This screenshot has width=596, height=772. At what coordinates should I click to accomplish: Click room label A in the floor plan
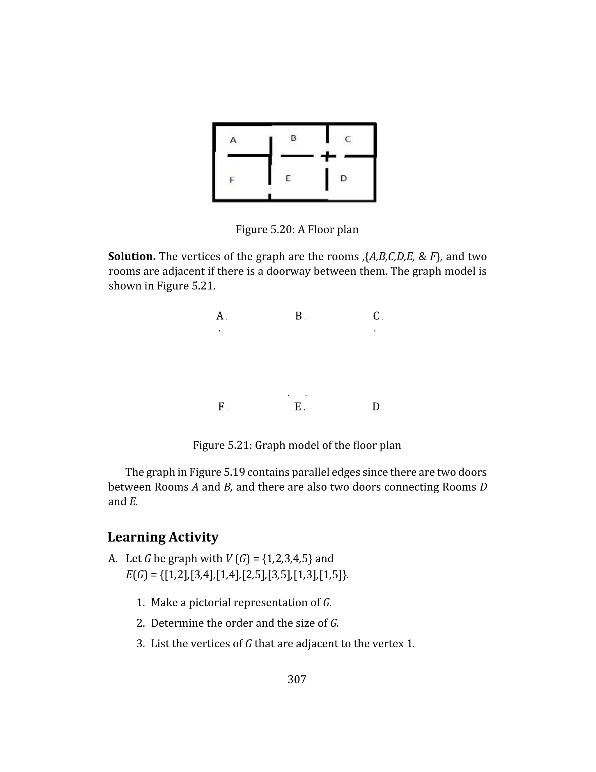(233, 140)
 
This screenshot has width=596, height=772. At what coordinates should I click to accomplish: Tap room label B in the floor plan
(293, 138)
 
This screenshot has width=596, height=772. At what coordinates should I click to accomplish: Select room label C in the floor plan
(348, 140)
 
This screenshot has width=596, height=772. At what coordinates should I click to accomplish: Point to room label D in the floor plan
(344, 179)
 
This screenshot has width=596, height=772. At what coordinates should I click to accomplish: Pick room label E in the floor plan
(288, 179)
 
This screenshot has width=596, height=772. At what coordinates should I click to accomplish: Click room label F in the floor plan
(232, 180)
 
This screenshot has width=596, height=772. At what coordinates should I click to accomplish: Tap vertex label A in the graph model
(220, 316)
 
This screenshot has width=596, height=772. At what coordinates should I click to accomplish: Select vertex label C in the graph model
(376, 316)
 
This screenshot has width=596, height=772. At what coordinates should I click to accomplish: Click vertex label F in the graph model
(221, 407)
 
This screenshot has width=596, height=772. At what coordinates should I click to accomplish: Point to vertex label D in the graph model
(376, 407)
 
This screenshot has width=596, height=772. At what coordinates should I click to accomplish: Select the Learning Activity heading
(163, 537)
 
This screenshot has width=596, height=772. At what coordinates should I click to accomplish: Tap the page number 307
(297, 679)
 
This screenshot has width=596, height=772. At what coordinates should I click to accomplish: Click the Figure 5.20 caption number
(283, 230)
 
